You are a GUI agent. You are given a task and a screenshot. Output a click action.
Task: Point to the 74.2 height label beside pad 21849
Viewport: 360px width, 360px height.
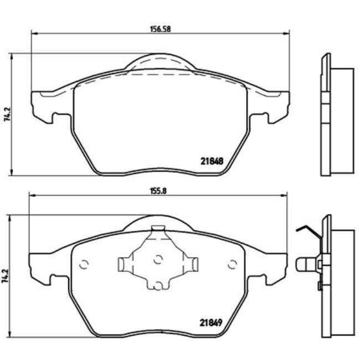(6, 276)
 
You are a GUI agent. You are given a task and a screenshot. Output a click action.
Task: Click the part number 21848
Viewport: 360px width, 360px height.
(212, 162)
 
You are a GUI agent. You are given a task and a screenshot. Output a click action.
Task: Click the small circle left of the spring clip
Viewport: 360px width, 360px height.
(85, 264)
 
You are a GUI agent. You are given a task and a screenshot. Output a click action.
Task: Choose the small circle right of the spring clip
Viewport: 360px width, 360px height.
(232, 264)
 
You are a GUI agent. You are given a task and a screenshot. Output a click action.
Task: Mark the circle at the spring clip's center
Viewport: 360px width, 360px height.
(158, 258)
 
